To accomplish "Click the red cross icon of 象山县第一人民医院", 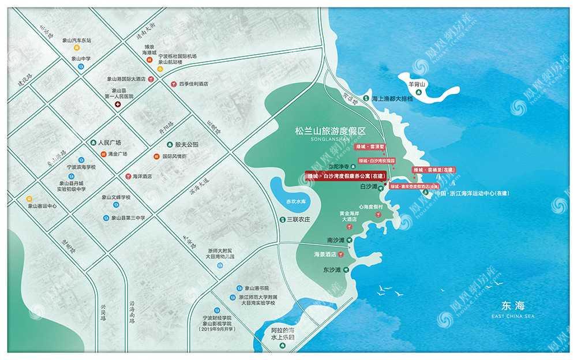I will coord(118,105).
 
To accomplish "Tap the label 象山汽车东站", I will coord(77,41).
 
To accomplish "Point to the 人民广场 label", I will coord(110,142).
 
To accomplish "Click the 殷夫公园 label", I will coord(187,144).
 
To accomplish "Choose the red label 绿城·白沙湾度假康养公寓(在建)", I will coord(346,175).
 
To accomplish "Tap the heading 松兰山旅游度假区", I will coord(331,132).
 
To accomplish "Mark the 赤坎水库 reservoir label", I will coord(295,202).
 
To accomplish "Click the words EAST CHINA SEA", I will coord(514,316).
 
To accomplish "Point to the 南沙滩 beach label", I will coord(335,239).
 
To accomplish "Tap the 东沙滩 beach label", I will coord(332,269).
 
